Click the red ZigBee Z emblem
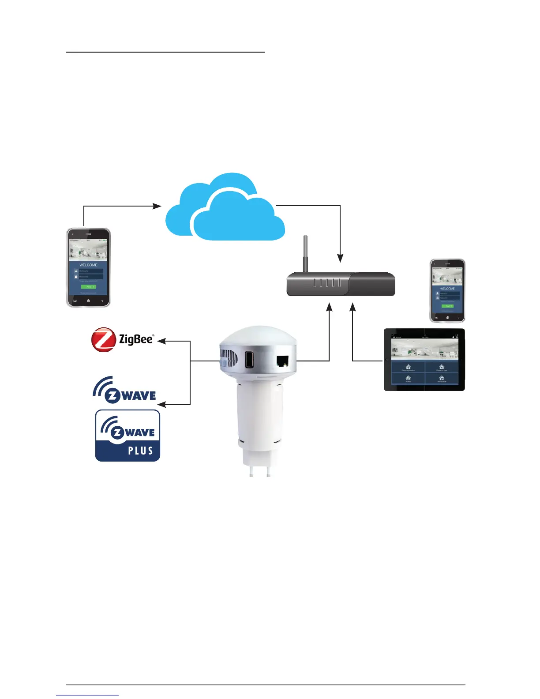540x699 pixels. (x=103, y=339)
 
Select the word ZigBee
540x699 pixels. (x=136, y=339)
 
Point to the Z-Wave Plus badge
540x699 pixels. (x=127, y=436)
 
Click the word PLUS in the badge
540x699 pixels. (x=140, y=451)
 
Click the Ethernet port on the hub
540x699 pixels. (x=282, y=361)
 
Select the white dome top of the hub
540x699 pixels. (x=258, y=338)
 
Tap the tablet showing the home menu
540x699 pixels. (x=424, y=360)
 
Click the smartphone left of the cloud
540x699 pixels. (x=88, y=267)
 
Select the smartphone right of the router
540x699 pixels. (x=447, y=291)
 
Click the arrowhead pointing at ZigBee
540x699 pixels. (x=161, y=341)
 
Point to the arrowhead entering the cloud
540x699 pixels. (x=157, y=206)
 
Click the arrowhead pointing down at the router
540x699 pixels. (x=340, y=258)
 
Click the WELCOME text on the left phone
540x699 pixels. (x=88, y=265)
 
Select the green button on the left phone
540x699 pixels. (x=88, y=286)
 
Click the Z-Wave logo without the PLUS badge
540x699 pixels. (x=125, y=391)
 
